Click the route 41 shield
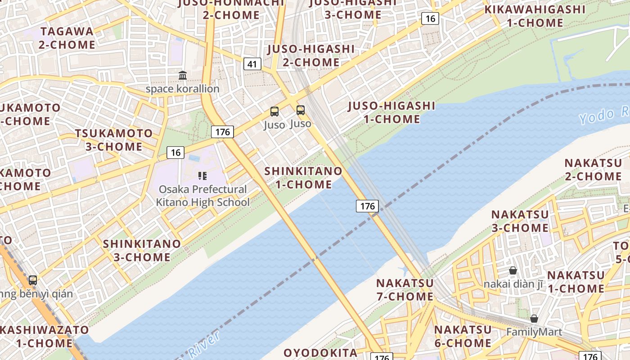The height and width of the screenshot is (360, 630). click(252, 64)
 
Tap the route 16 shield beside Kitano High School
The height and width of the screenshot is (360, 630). click(175, 153)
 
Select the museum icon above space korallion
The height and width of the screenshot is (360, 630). click(183, 75)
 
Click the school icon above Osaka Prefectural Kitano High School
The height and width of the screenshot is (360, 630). click(202, 175)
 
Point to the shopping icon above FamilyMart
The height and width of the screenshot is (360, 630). click(534, 319)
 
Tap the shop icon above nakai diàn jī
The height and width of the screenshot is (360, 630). click(513, 270)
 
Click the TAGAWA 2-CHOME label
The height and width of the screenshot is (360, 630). click(67, 38)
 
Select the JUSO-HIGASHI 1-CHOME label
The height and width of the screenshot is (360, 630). click(391, 112)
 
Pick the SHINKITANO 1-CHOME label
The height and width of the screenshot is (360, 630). click(303, 178)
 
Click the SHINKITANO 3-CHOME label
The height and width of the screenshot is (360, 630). click(142, 251)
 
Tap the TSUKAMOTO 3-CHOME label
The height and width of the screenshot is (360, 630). click(114, 140)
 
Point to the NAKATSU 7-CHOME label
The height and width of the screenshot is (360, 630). click(405, 290)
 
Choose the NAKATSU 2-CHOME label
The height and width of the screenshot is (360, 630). click(593, 170)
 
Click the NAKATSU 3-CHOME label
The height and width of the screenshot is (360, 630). click(520, 221)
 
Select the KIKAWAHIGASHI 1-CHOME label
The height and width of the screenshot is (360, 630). click(535, 16)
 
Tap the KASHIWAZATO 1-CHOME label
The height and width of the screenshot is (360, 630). click(44, 336)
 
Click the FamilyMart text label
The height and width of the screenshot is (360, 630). click(534, 332)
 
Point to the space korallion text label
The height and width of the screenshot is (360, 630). click(182, 89)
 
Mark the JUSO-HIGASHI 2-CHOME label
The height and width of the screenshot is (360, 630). click(311, 55)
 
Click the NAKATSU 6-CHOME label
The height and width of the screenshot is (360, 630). click(463, 336)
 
